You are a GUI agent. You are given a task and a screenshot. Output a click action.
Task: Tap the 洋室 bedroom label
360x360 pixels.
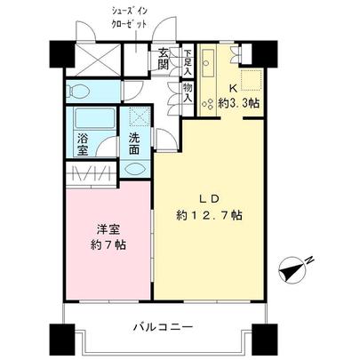click(x=106, y=228)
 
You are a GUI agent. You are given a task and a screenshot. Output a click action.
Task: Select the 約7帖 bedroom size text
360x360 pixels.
click(x=106, y=244)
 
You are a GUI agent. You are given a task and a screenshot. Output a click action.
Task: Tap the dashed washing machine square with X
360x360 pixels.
click(x=139, y=116)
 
